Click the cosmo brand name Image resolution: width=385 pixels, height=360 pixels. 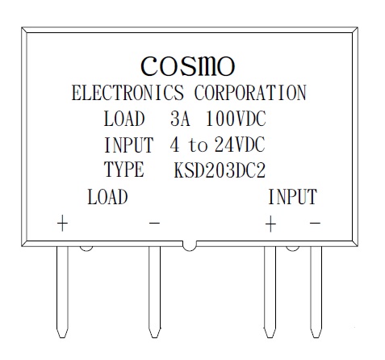[x=188, y=66]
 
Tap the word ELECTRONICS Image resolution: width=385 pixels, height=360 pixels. [x=128, y=93]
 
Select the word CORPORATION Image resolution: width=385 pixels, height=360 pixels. [x=250, y=93]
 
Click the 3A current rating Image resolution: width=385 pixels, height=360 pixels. [x=180, y=119]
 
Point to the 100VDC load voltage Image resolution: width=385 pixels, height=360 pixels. [x=236, y=119]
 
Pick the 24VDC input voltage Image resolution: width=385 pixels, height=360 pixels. [x=240, y=144]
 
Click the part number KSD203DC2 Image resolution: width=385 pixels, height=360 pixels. [x=220, y=170]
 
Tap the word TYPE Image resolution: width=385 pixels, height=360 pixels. [x=124, y=170]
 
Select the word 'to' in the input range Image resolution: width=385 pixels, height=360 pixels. [x=199, y=145]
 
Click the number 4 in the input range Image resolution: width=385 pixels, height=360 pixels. [x=174, y=144]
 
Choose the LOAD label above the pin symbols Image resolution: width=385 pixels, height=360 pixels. [x=107, y=196]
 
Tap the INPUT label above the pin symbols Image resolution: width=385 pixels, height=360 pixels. [x=293, y=196]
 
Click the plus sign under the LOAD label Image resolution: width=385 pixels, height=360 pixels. [x=62, y=223]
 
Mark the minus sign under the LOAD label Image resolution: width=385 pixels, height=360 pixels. [x=154, y=223]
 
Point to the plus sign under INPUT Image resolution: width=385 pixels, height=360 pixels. [x=270, y=224]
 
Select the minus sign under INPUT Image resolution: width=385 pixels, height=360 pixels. [x=315, y=223]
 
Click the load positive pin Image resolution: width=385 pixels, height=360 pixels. [x=62, y=292]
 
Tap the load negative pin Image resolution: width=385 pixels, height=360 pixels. [x=155, y=292]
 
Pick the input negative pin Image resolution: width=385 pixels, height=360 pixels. [x=316, y=292]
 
